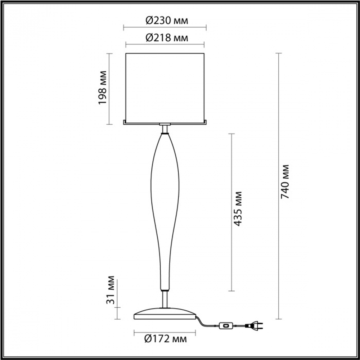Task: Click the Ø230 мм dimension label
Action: pos(167,21)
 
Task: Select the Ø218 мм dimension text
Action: pos(167,38)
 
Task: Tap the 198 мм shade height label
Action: pos(103,88)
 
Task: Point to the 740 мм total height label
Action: pos(285,181)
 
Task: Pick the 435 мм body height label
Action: pos(238,209)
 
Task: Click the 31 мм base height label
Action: pos(111,290)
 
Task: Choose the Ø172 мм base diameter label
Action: pos(165,339)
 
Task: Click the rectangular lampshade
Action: pos(165,89)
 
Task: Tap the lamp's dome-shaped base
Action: pos(165,314)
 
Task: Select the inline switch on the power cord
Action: pos(226,325)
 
